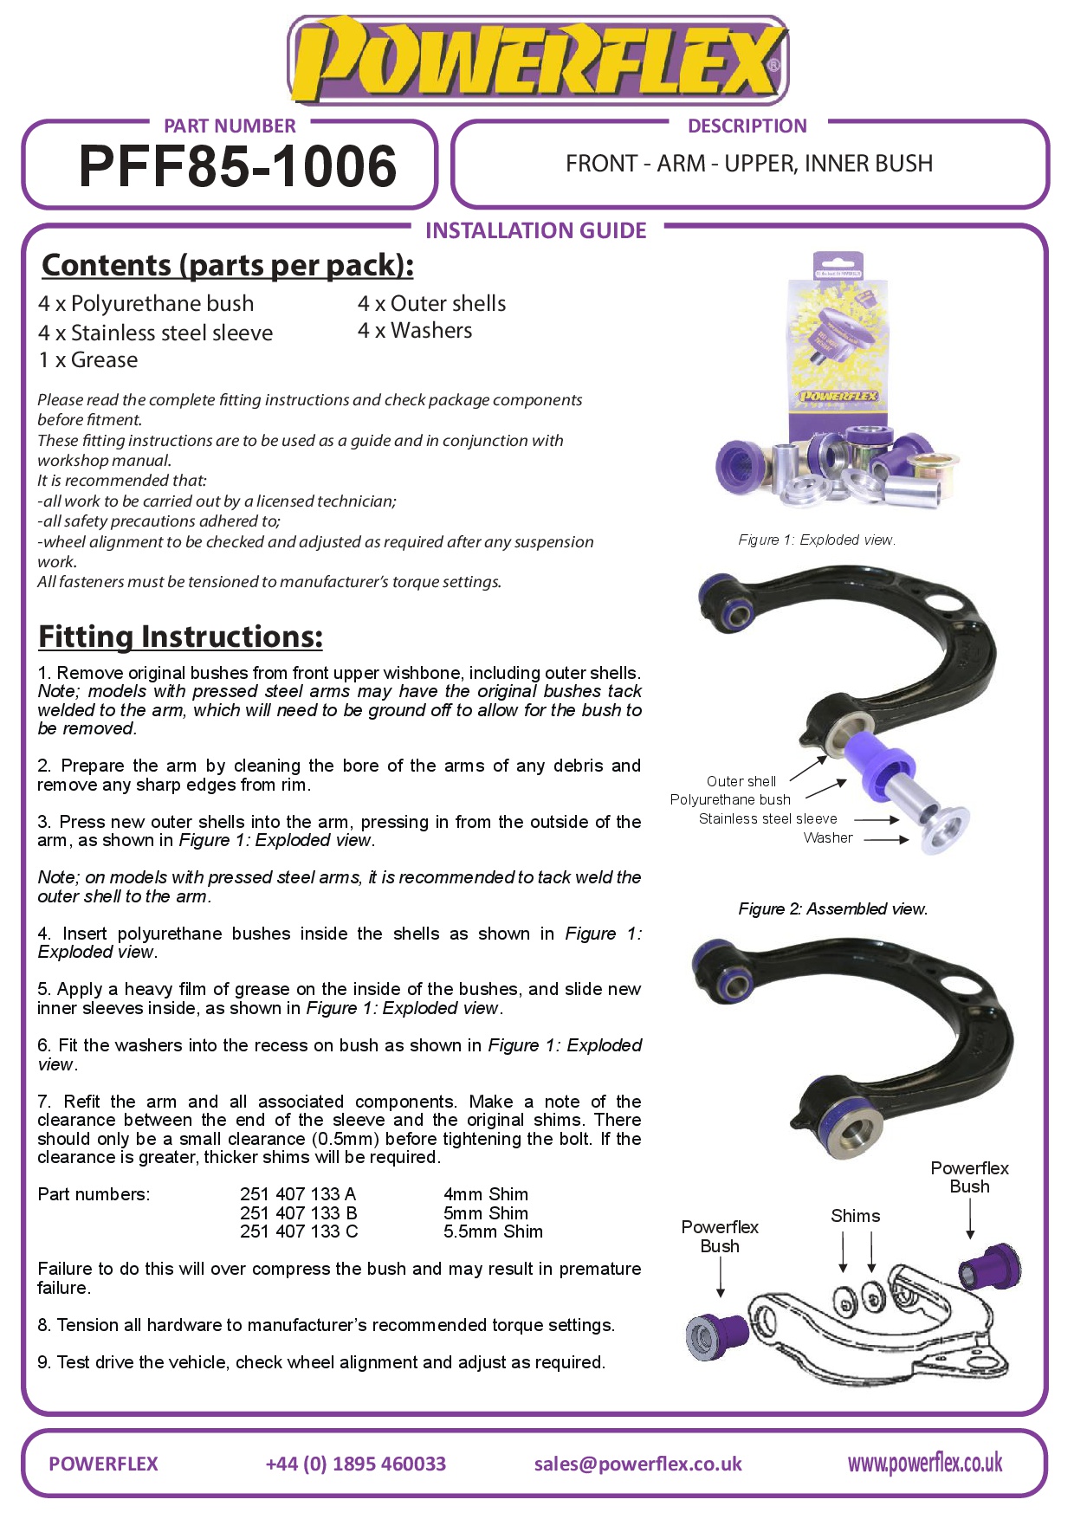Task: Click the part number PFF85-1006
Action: point(237,166)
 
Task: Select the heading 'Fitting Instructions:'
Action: point(180,637)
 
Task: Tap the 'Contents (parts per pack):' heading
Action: point(227,265)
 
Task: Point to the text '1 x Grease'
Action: point(87,360)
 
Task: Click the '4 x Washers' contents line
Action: point(415,331)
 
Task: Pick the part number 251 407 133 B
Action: point(299,1213)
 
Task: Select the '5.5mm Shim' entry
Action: point(493,1231)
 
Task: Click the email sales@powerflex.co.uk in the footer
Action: point(637,1464)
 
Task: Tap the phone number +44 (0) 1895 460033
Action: point(355,1464)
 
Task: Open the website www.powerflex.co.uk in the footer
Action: point(924,1464)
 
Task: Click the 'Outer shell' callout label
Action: point(741,781)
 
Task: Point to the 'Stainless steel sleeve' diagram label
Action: point(767,818)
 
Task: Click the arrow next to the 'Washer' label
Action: point(886,838)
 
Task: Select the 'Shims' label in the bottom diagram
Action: point(855,1216)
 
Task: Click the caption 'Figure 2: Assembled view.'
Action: point(832,908)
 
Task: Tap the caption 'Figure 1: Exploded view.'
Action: point(817,540)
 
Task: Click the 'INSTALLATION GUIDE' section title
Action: point(536,230)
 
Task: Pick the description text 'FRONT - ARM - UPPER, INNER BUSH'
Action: point(749,164)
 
